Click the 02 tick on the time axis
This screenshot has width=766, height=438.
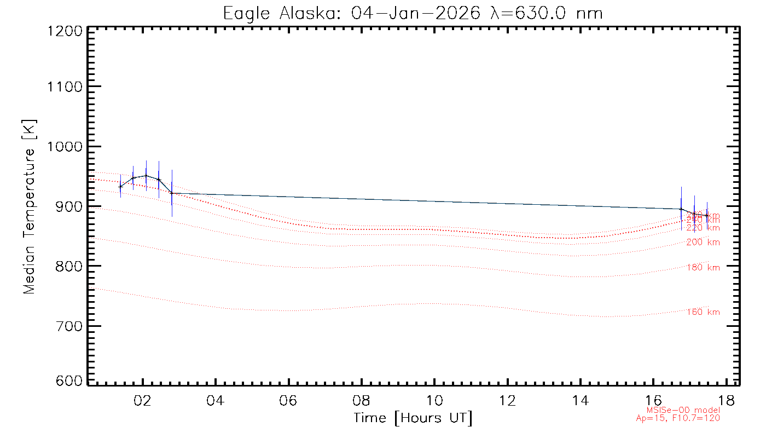tap(143, 400)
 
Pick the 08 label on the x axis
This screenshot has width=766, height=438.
tap(361, 400)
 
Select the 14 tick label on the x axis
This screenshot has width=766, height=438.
tap(580, 400)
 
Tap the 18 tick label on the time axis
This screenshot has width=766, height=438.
tap(726, 400)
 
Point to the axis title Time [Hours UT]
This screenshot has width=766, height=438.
tap(413, 418)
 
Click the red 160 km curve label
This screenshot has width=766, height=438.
tap(703, 312)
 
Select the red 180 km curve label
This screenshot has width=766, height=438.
tap(703, 267)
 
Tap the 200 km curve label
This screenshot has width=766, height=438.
tap(703, 242)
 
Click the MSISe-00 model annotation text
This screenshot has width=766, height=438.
tap(683, 410)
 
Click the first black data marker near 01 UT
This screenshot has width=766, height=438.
tap(120, 187)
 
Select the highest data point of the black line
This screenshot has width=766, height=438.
tap(146, 176)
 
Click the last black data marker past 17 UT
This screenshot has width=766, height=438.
tap(707, 215)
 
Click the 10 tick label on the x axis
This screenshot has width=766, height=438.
tap(434, 400)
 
